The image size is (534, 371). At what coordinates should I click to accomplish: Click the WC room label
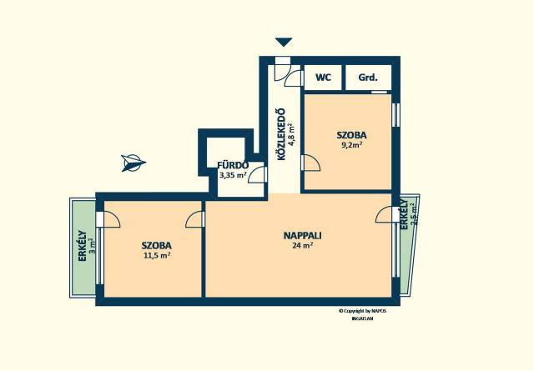click(x=323, y=78)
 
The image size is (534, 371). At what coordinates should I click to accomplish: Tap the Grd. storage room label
click(x=368, y=78)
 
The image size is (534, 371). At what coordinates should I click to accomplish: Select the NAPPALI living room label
click(x=303, y=235)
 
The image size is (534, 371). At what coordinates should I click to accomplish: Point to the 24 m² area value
click(x=303, y=245)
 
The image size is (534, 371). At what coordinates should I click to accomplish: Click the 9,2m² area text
click(x=352, y=145)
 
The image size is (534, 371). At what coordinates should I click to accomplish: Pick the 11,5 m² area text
click(x=157, y=255)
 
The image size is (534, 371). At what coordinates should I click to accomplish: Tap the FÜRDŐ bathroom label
click(x=233, y=165)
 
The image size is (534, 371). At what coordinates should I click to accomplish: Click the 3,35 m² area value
click(x=233, y=175)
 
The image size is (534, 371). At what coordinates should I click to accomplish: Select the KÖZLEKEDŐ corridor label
click(x=281, y=134)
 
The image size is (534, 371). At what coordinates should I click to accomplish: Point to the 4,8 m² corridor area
click(x=291, y=134)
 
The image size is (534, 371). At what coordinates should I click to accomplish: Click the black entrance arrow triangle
click(x=284, y=42)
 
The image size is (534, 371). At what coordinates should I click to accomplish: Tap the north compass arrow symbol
click(x=133, y=163)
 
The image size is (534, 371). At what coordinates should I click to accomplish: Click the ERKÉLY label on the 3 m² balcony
click(x=82, y=246)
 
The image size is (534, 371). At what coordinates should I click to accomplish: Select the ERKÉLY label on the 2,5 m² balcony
click(x=404, y=213)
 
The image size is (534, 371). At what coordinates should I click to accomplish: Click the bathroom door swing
click(x=257, y=175)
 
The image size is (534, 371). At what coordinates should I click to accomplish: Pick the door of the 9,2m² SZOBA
click(x=311, y=163)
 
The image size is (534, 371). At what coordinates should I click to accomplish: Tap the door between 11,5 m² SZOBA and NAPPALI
click(x=194, y=219)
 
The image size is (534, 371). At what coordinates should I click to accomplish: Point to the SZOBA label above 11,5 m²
click(x=157, y=245)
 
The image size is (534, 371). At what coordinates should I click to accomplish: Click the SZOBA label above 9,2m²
click(x=352, y=135)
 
